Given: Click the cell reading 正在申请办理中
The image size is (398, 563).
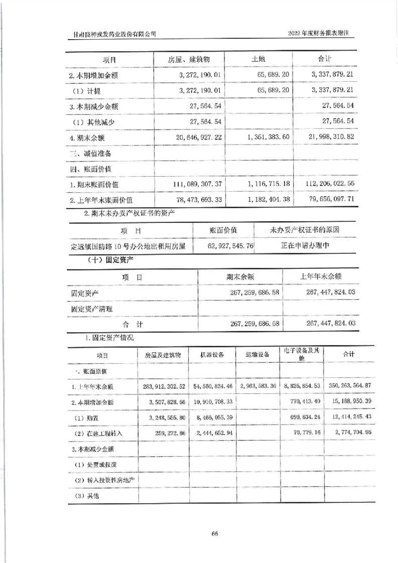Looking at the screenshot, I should (305, 246).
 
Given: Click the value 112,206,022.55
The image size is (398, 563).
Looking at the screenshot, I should (330, 184).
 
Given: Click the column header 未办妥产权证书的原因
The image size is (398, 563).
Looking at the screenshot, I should (305, 230).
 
